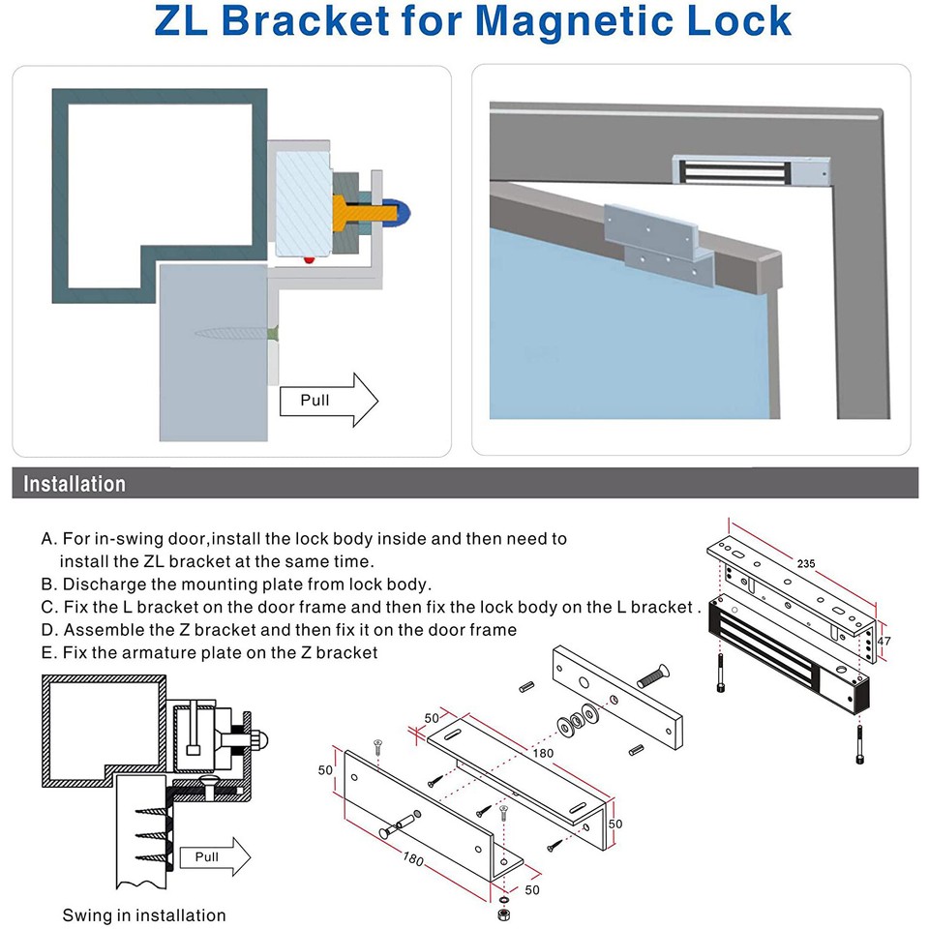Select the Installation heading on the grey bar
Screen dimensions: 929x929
(x=75, y=484)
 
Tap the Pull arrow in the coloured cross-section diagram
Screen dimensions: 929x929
(x=328, y=400)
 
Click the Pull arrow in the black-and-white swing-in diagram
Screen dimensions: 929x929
(x=214, y=856)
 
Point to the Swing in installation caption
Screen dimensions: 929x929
(x=144, y=915)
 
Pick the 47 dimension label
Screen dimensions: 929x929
(x=884, y=641)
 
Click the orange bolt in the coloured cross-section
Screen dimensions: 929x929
(x=348, y=210)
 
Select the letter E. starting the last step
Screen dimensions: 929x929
(x=48, y=652)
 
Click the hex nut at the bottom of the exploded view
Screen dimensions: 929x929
(x=502, y=914)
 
